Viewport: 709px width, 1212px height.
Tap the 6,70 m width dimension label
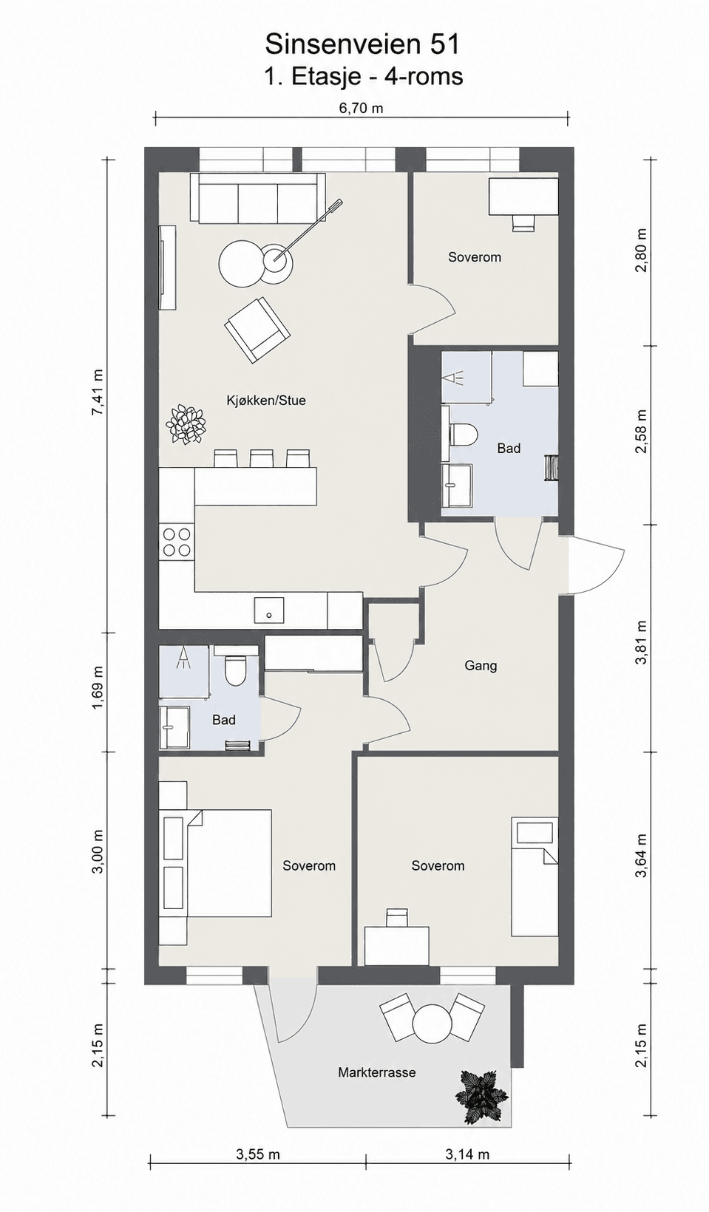pos(361,108)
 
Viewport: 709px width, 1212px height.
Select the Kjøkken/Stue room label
pos(265,401)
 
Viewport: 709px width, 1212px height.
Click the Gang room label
pos(481,666)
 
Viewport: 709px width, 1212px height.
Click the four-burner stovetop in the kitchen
pos(177,542)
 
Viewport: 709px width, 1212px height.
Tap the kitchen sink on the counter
pos(269,610)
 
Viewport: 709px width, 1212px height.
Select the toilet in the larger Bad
pos(463,435)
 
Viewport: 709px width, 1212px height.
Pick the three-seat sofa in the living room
pos(257,198)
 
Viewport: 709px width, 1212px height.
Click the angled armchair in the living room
pos(257,330)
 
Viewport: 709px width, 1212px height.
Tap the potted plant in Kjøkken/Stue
pos(186,424)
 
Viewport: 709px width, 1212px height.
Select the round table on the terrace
pos(432,1024)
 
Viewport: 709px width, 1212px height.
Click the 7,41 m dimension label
pos(98,393)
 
